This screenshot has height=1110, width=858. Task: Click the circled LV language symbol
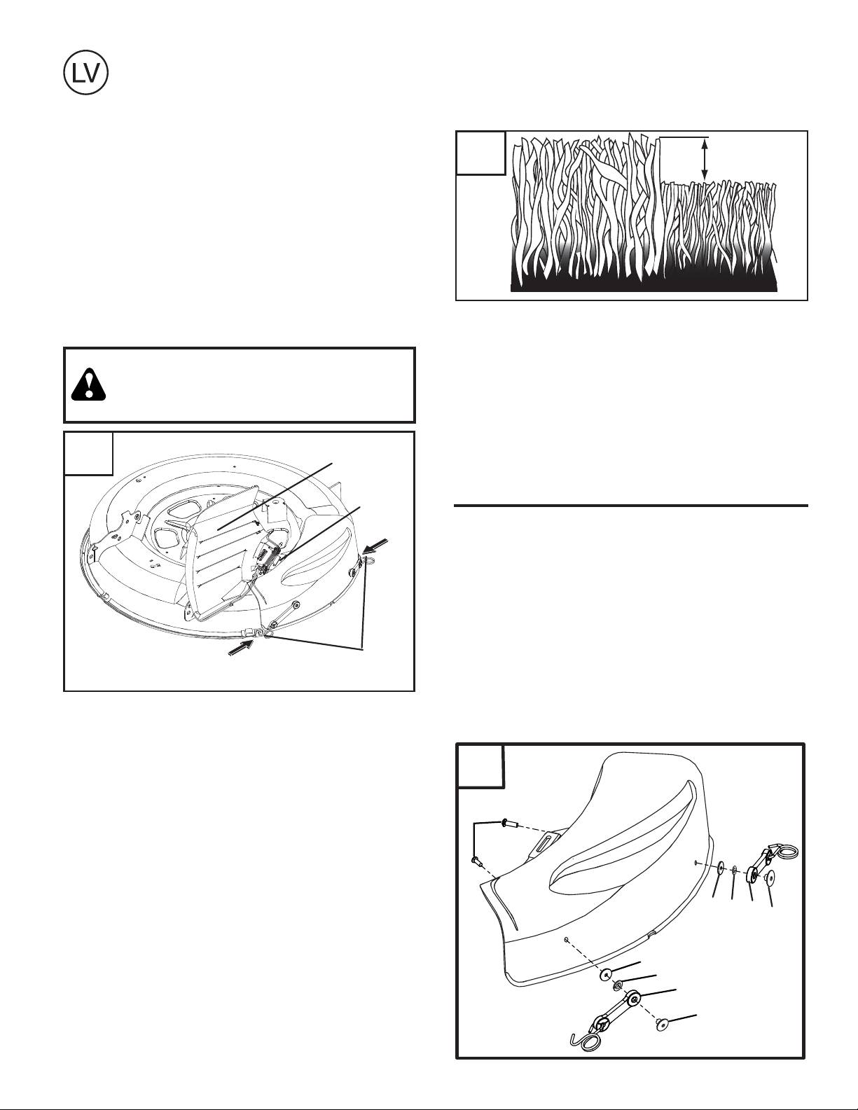[85, 72]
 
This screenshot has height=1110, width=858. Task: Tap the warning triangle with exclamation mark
[89, 384]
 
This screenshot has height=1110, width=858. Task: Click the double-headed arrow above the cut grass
[705, 159]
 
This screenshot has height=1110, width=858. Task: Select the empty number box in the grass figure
[480, 153]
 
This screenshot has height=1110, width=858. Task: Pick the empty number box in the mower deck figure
[88, 454]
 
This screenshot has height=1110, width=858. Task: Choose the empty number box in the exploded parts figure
[480, 766]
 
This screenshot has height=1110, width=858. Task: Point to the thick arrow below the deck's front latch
[240, 648]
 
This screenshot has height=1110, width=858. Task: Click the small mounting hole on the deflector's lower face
[567, 939]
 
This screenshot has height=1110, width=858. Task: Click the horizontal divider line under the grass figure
[631, 506]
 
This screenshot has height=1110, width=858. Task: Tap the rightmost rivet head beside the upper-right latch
[770, 879]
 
